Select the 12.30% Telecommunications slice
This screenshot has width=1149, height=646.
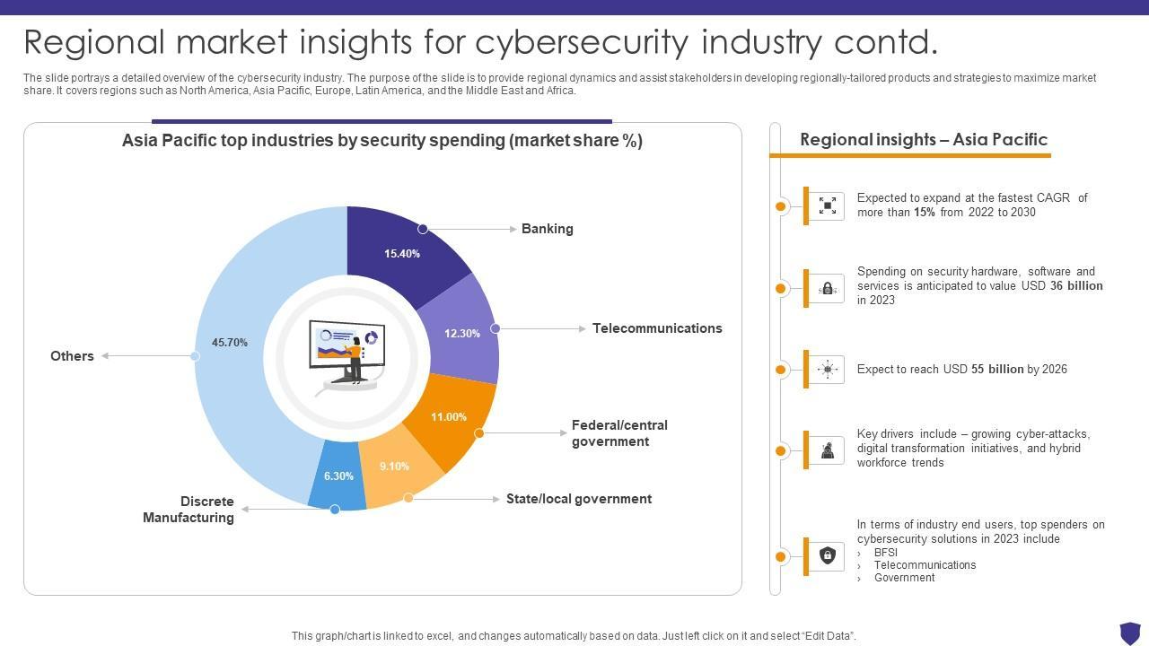[x=461, y=333]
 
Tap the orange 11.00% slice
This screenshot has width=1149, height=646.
[x=449, y=417]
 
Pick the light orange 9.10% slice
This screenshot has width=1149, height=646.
[x=395, y=467]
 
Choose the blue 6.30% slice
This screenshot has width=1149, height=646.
[x=338, y=476]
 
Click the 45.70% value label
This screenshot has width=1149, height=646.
[x=230, y=343]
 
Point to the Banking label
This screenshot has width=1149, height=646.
[x=547, y=229]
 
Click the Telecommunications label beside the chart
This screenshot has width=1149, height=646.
[x=657, y=328]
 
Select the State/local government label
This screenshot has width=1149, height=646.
[x=579, y=499]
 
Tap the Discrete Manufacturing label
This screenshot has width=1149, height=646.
[x=189, y=510]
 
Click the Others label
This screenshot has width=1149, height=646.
[x=72, y=356]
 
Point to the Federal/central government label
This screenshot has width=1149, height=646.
[x=619, y=433]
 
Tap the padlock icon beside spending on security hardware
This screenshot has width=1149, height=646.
[x=828, y=289]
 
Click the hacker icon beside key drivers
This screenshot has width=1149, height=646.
[x=828, y=450]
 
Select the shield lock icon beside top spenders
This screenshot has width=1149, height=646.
[x=828, y=556]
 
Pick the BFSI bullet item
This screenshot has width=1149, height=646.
[x=885, y=553]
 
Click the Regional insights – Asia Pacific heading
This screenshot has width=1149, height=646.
[x=924, y=140]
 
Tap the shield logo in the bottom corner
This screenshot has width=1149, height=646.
[x=1129, y=633]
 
